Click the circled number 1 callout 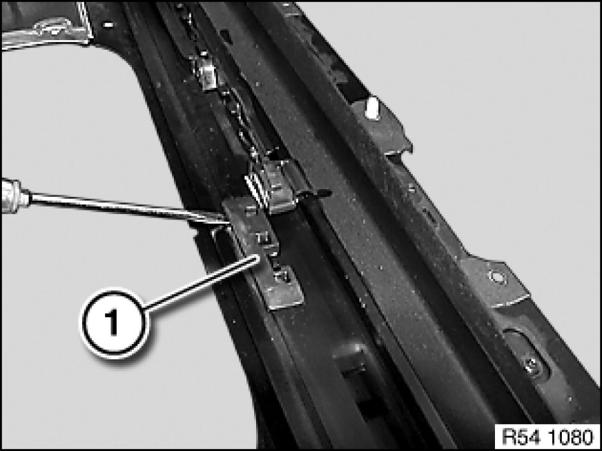coord(113,322)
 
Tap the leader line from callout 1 coord(201,283)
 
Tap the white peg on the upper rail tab coord(371,108)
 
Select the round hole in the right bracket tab coord(496,276)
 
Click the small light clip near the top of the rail coord(207,75)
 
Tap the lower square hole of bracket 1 coord(283,276)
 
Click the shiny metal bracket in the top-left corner coord(47,26)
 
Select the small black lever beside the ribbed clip coord(314,193)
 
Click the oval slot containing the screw coord(525,354)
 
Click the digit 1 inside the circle coord(113,323)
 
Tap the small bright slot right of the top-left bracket coord(108,25)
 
